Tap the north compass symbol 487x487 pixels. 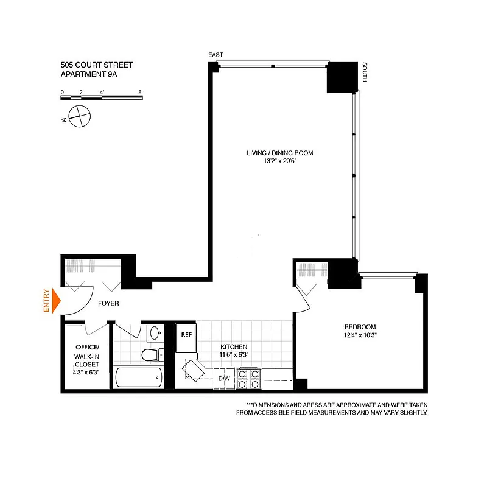click(x=79, y=114)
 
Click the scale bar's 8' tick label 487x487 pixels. click(x=141, y=92)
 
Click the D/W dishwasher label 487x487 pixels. click(x=223, y=379)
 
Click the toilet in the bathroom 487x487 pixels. click(x=149, y=354)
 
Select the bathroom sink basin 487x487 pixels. click(x=155, y=333)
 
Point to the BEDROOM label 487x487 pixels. click(x=360, y=327)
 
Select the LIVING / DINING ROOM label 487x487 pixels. click(x=279, y=153)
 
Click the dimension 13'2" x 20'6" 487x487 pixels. click(x=279, y=161)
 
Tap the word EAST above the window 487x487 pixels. click(x=215, y=55)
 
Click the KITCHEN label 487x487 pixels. click(x=234, y=346)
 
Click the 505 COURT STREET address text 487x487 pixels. click(x=96, y=65)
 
